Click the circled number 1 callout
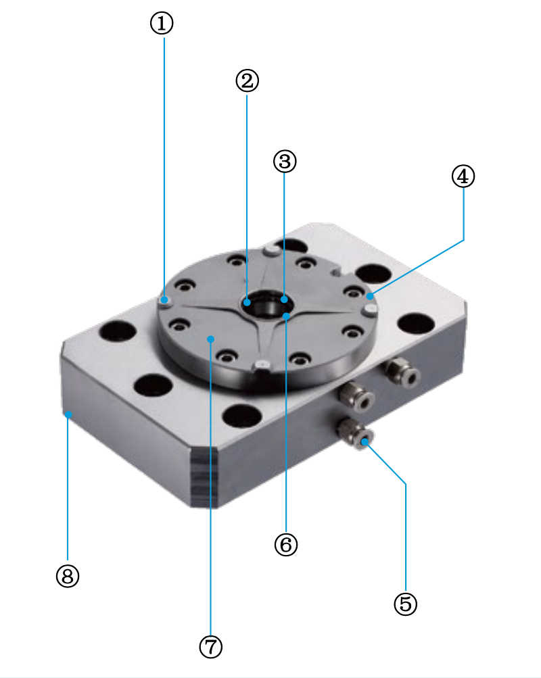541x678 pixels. click(162, 24)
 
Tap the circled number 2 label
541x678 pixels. click(247, 81)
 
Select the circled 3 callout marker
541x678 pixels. click(285, 161)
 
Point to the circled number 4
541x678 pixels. click(463, 176)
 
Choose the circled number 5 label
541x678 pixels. click(405, 604)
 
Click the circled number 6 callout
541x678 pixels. click(285, 544)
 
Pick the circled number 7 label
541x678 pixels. click(210, 647)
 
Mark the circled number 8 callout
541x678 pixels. click(68, 576)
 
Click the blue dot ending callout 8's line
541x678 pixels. click(68, 414)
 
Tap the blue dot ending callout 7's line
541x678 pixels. click(210, 338)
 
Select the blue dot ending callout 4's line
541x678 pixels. click(370, 295)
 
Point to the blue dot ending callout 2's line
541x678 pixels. click(248, 301)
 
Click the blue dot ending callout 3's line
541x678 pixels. click(285, 299)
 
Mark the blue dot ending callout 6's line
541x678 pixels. click(286, 316)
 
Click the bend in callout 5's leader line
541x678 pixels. click(405, 484)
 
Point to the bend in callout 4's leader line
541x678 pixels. click(463, 239)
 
